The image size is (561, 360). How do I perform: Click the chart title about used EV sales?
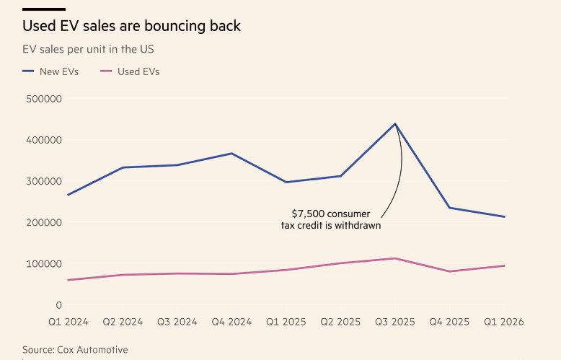(131, 27)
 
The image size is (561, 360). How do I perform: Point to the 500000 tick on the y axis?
(43, 99)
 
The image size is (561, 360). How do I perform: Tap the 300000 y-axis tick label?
(43, 182)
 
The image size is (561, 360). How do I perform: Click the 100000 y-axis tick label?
(43, 264)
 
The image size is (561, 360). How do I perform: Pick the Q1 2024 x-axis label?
(69, 321)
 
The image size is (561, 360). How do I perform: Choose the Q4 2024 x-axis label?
(231, 321)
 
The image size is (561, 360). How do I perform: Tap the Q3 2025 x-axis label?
(395, 321)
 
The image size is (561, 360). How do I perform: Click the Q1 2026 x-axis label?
(503, 321)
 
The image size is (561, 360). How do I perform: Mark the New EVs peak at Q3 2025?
(395, 123)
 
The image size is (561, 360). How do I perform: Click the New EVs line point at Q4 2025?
(450, 208)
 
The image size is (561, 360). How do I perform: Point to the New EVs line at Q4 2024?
(231, 153)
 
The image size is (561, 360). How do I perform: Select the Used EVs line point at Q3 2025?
(395, 258)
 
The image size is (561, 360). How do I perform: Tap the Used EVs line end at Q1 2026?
(504, 265)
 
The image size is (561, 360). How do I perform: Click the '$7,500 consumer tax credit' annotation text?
(331, 219)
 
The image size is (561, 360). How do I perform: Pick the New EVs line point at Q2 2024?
(123, 167)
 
